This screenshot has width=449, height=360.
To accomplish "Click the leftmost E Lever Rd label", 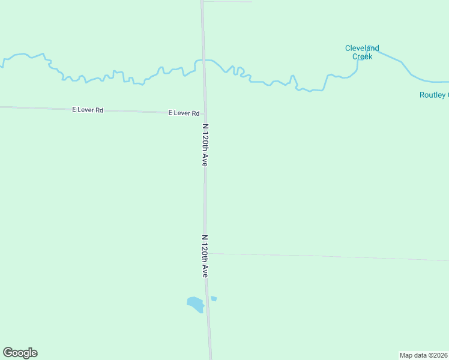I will tap(88, 110).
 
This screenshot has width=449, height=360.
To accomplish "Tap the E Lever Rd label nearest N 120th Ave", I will tap(184, 113).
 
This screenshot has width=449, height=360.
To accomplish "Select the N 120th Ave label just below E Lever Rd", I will tap(205, 145).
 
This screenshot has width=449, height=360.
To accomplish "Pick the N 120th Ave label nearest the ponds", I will tap(205, 256).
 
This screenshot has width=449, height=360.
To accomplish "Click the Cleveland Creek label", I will tap(362, 52).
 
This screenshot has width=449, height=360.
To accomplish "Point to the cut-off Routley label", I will tap(433, 95).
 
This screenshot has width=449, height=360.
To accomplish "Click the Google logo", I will tap(20, 353).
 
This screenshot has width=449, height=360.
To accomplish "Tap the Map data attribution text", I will tap(423, 355).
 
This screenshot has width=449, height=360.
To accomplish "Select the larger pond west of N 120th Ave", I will tap(195, 304).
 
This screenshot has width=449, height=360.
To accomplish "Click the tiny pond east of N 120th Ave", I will tap(214, 298).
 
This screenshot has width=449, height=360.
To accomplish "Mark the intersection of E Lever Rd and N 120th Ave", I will tap(204, 113).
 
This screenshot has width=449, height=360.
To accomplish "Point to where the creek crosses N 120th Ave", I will tap(203, 60).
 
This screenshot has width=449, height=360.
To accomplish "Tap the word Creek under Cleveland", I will tap(362, 56).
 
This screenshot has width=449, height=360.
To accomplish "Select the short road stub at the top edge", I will tap(228, 1).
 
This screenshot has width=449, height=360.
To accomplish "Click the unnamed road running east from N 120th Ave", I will tap(330, 257).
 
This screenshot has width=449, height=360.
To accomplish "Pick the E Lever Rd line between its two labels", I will tap(135, 111).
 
